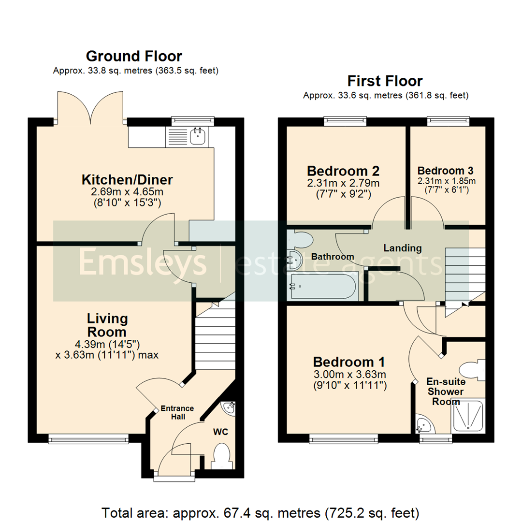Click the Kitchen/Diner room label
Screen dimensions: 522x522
(x=127, y=180)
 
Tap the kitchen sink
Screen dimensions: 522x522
(x=197, y=136)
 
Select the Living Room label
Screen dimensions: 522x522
(x=107, y=325)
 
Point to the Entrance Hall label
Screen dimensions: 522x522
(x=177, y=412)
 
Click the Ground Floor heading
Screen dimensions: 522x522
(x=134, y=56)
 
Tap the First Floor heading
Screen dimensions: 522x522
(x=385, y=81)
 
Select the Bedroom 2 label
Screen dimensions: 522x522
(x=343, y=171)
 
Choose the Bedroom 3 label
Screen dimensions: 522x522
(x=445, y=171)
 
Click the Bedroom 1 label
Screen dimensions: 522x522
(x=349, y=362)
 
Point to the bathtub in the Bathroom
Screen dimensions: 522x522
(x=322, y=286)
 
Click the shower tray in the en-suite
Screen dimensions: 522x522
(x=467, y=416)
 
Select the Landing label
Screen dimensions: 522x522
(x=402, y=248)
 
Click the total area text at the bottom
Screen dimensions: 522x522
(x=261, y=512)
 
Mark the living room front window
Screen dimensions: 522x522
(x=88, y=438)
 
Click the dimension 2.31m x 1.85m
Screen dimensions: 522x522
(x=446, y=181)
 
